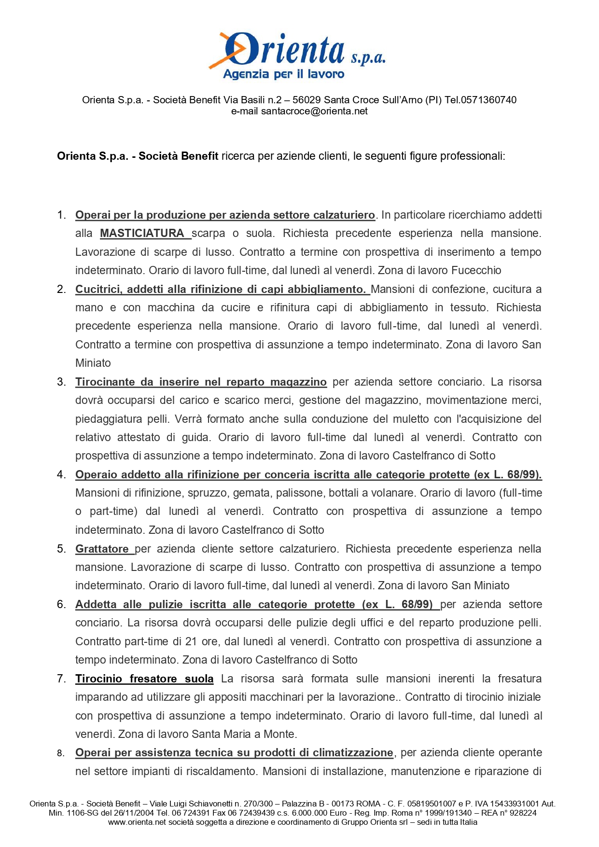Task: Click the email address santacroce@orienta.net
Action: click(x=314, y=111)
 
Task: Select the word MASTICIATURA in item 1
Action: click(x=142, y=234)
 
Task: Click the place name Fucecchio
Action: click(x=476, y=271)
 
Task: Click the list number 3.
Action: click(x=61, y=382)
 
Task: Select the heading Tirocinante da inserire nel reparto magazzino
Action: click(x=201, y=382)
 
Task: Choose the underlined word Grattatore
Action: click(x=102, y=549)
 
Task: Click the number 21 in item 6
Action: click(x=191, y=642)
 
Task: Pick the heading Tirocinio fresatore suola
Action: click(x=144, y=679)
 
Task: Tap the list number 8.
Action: click(x=60, y=753)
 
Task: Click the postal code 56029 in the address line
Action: click(x=306, y=100)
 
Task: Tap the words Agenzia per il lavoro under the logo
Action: click(x=284, y=74)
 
